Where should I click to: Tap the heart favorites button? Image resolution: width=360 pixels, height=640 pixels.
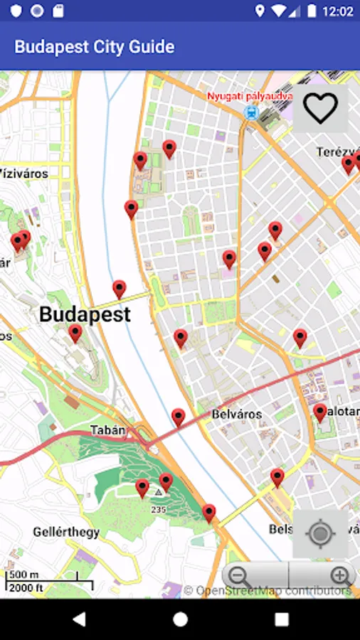(320, 108)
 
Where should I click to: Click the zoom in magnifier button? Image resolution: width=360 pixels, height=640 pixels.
(341, 577)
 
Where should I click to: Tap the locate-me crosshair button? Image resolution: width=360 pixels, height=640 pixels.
(320, 533)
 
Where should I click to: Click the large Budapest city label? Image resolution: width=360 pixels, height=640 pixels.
(85, 314)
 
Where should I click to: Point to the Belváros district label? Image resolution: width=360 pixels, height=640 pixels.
(237, 414)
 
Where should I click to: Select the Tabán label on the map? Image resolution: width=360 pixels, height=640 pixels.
(108, 430)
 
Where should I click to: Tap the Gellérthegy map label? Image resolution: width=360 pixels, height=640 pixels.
(60, 532)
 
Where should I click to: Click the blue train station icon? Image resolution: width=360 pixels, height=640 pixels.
(250, 112)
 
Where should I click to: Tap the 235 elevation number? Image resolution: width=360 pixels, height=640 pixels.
(158, 509)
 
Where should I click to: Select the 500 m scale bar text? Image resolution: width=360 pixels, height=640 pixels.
(25, 575)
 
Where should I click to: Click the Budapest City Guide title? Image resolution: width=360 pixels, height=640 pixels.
(95, 47)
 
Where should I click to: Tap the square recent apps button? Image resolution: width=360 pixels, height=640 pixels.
(282, 619)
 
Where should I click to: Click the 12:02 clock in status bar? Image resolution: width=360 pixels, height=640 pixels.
(337, 11)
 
